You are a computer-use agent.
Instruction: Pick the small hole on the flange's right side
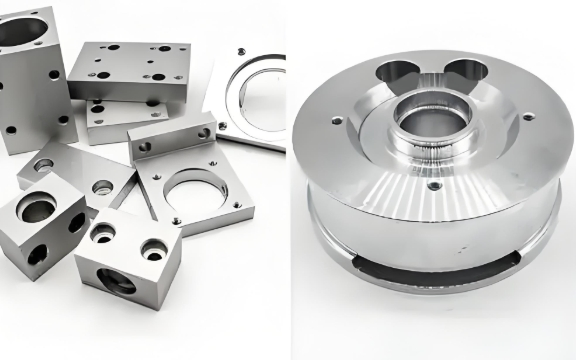pyautogui.click(x=528, y=117)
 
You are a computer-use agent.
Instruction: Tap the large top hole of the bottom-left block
pyautogui.click(x=36, y=209)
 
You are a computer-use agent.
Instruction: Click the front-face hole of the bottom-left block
pyautogui.click(x=36, y=254)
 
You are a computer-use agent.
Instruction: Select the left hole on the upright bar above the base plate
pyautogui.click(x=146, y=146)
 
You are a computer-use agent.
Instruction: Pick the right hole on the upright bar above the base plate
pyautogui.click(x=204, y=133)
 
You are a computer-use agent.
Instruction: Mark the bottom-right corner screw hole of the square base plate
pyautogui.click(x=238, y=206)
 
